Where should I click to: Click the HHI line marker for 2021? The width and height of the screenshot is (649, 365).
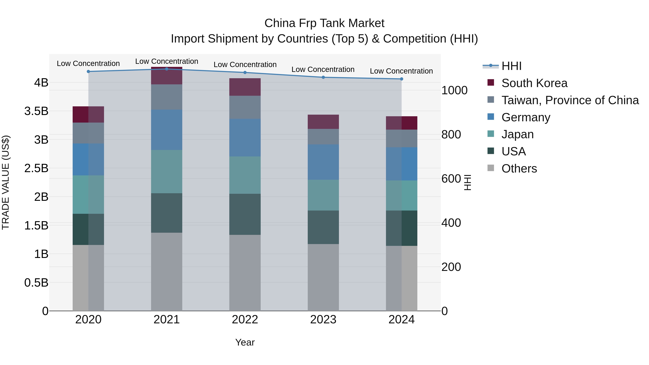coord(167,69)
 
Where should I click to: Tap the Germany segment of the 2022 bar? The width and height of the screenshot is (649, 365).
coord(245,138)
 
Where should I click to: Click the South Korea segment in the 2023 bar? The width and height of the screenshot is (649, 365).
coord(323,122)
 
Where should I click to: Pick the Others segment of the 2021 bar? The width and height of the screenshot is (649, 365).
coord(167,272)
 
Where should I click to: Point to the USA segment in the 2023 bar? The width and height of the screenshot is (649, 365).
coord(323,227)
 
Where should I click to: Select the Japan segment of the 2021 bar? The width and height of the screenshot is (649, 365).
coord(167,172)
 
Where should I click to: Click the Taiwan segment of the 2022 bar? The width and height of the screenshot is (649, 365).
coord(245,107)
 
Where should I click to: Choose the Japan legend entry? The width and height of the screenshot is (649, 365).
coord(517,134)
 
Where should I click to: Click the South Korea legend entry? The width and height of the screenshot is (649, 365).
coord(534,83)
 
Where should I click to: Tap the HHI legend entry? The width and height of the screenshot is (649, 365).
coord(511,66)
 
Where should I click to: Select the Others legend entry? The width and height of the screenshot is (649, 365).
coord(519,169)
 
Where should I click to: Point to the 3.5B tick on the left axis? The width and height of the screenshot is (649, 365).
coord(36,111)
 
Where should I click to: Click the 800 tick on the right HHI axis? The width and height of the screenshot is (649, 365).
coord(451,134)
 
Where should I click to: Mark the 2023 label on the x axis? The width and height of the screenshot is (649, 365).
coord(323,320)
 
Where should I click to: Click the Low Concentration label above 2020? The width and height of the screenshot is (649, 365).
coord(88,63)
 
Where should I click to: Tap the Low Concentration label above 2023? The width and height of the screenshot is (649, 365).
coord(323,70)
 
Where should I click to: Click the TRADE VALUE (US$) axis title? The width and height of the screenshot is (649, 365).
coord(6,182)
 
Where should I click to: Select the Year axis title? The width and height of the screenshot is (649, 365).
coord(245,342)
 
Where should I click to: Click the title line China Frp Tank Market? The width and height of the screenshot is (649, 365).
coord(324,23)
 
